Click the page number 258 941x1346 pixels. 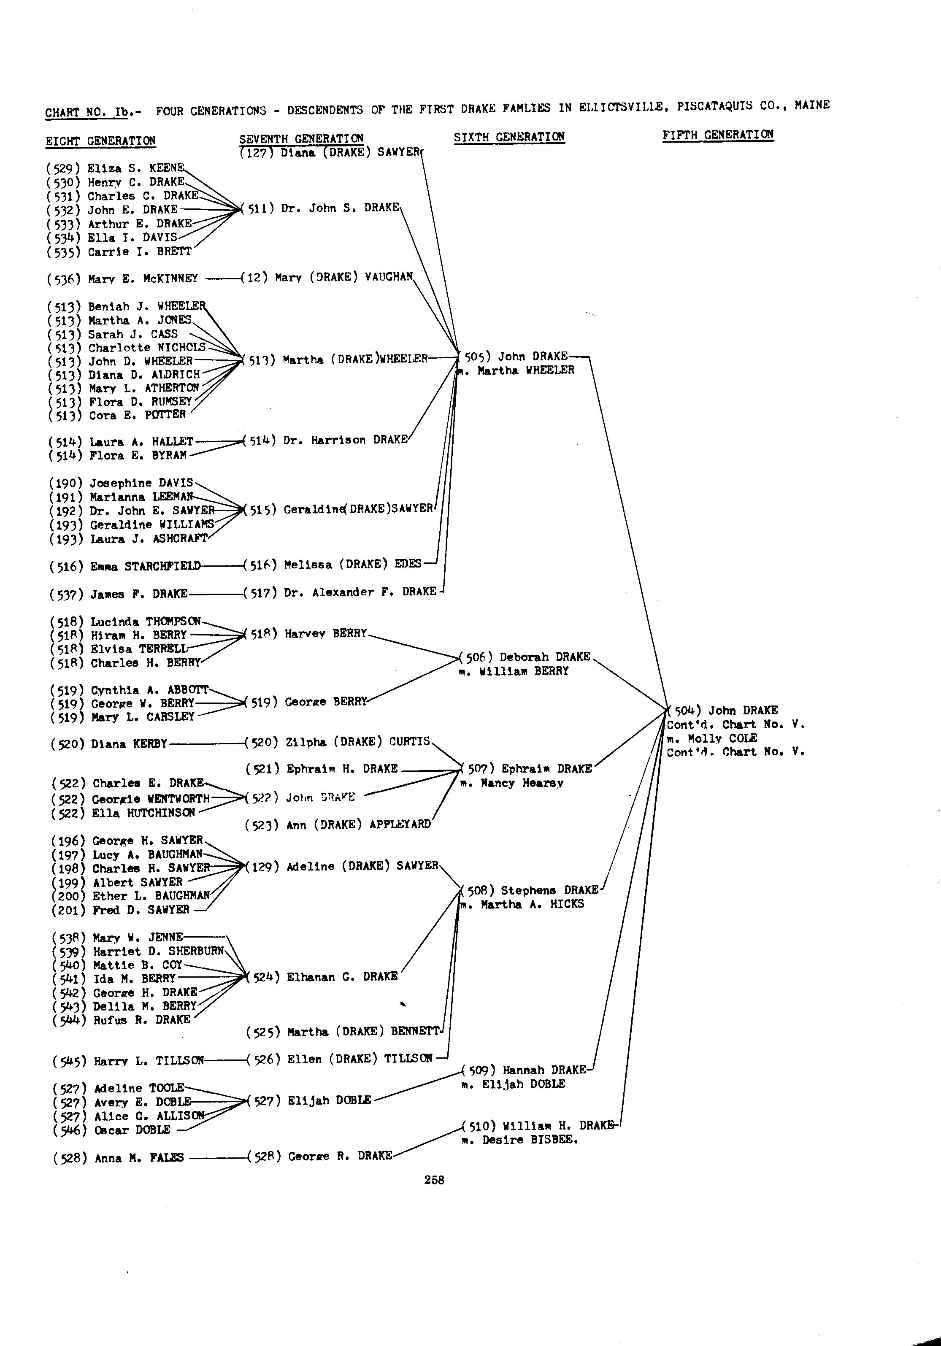coord(435,1180)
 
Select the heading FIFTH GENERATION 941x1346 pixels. coord(718,135)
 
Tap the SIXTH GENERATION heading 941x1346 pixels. coord(509,137)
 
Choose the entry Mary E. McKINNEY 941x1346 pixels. coord(143,279)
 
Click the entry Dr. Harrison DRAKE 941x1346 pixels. coord(345,440)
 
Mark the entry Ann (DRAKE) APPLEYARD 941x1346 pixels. coord(358,825)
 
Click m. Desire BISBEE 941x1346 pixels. coord(519,1140)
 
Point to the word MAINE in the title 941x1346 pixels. coord(812,105)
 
